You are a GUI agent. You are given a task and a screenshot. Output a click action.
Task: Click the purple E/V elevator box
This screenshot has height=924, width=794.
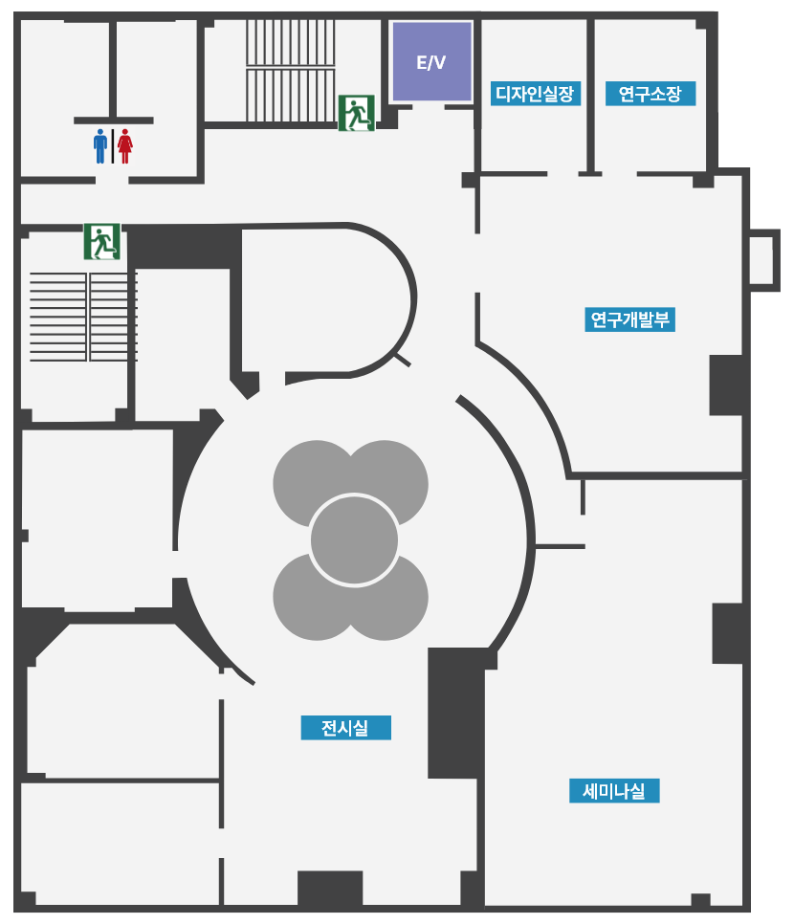(x=431, y=62)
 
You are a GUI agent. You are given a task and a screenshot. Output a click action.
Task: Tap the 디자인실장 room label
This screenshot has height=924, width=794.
(x=535, y=94)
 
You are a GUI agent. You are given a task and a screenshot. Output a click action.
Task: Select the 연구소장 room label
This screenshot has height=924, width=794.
(x=651, y=94)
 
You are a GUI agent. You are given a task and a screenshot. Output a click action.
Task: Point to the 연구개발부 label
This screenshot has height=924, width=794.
(x=629, y=319)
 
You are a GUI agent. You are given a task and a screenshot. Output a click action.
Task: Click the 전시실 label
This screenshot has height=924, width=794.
(x=345, y=728)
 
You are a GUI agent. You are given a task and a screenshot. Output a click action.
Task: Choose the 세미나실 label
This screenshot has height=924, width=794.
(x=614, y=791)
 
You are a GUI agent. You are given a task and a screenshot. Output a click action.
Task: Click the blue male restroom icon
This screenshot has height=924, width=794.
(x=100, y=146)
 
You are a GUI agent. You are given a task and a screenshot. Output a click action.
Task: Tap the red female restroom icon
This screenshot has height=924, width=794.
(x=125, y=146)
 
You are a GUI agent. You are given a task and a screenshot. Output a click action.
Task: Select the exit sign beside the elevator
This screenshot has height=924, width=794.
(x=357, y=113)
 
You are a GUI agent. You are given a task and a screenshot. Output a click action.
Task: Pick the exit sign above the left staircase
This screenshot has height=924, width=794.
(x=102, y=241)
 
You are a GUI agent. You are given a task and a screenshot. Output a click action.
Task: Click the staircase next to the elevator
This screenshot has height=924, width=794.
(x=291, y=70)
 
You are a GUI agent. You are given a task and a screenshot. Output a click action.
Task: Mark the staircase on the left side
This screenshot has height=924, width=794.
(x=83, y=317)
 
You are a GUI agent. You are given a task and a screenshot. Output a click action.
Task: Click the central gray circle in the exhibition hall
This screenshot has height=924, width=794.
(x=354, y=540)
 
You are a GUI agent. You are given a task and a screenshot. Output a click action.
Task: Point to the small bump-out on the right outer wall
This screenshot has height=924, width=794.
(x=764, y=260)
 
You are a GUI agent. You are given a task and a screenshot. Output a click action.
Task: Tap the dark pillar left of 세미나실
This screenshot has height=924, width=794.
(x=457, y=713)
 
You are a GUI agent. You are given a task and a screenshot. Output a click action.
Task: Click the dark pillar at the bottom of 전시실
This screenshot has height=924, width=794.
(x=330, y=888)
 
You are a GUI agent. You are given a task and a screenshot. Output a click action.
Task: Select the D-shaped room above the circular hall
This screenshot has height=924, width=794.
(x=327, y=300)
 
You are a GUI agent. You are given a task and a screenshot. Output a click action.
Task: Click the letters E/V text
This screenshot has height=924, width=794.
(x=430, y=62)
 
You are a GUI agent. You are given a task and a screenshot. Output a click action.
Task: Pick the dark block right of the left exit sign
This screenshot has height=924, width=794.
(x=184, y=248)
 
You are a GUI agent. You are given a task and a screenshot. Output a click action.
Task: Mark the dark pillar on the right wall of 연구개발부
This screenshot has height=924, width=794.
(x=726, y=385)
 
